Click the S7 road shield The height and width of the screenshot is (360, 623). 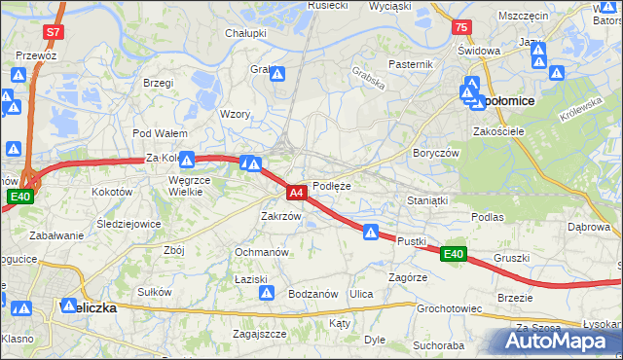coord(53,32)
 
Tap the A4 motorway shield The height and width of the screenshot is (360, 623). coord(298,194)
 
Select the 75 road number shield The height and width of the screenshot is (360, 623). coord(460,28)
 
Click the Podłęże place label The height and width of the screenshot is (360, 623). coord(332,185)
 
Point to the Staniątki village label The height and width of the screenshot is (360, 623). coord(426,200)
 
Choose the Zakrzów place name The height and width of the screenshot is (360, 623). coord(280,216)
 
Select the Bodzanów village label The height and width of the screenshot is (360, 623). coord(312,294)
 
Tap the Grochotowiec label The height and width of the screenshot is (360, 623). coord(449,308)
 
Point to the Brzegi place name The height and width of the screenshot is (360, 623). coord(157,84)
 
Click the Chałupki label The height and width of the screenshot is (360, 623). coord(245,32)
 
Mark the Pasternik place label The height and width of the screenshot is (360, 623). coord(410,64)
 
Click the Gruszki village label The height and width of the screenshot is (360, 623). coord(511,258)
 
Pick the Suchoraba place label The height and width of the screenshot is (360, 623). coord(437,344)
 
